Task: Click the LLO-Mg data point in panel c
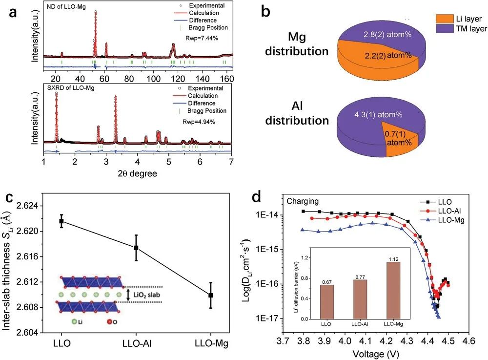[x=210, y=296]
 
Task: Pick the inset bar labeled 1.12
[x=393, y=290]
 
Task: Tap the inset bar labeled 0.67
[x=327, y=301]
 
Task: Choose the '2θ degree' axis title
[x=137, y=173]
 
